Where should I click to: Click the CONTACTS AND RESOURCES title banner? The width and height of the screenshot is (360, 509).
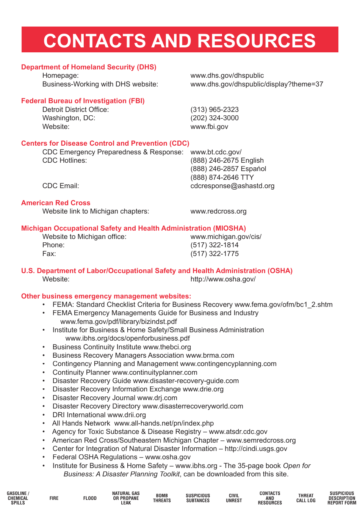(180, 40)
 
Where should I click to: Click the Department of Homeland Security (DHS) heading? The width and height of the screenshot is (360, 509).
(89, 67)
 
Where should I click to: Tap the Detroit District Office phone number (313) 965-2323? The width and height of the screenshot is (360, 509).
(214, 110)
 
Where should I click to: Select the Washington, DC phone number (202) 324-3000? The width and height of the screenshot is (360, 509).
(214, 118)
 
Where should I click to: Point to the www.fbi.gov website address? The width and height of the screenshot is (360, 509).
(209, 127)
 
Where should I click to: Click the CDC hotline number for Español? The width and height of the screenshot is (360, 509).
(228, 169)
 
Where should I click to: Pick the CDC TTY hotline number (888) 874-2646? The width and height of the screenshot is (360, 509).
(222, 178)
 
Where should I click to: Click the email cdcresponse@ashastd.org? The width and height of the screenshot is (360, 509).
(232, 186)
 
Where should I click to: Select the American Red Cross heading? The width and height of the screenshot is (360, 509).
(56, 203)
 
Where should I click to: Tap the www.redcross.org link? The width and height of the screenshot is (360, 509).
(218, 211)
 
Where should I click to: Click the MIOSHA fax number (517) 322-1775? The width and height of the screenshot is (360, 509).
(214, 254)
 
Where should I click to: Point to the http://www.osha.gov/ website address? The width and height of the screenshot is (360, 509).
(223, 279)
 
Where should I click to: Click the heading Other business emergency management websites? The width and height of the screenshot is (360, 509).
(106, 296)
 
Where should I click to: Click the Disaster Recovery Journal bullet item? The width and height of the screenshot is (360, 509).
(114, 398)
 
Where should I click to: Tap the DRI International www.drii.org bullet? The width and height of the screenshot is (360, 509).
(99, 415)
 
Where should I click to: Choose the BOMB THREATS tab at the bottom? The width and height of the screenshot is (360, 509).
(162, 498)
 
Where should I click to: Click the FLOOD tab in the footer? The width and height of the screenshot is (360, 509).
(90, 498)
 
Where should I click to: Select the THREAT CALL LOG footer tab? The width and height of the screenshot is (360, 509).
(306, 498)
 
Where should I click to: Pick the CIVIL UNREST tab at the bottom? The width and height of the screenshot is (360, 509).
(234, 498)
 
